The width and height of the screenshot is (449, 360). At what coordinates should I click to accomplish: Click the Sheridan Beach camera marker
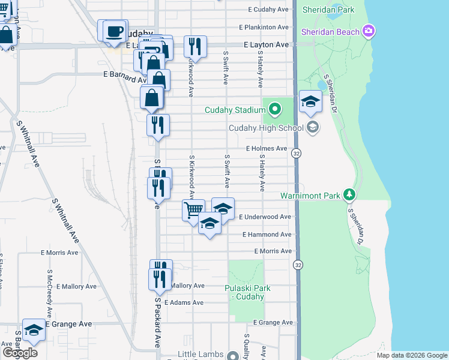[x=369, y=31]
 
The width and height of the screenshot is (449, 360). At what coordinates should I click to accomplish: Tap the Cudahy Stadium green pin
[x=275, y=109]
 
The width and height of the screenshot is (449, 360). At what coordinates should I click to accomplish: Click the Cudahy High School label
[x=266, y=128]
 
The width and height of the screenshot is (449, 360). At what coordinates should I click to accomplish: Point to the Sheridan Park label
[x=329, y=10]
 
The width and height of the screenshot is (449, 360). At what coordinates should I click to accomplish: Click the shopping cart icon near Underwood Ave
[x=193, y=210]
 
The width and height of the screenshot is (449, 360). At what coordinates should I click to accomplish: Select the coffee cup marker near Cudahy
[x=114, y=31]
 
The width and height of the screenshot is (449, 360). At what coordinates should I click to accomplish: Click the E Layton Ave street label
[x=266, y=45]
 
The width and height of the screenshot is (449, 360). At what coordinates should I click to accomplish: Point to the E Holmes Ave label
[x=266, y=148]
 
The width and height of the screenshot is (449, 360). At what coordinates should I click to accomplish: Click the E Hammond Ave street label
[x=267, y=235]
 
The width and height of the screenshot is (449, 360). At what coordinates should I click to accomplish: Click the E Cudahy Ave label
[x=268, y=10]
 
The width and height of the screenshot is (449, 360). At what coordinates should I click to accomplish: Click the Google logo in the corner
[x=20, y=353]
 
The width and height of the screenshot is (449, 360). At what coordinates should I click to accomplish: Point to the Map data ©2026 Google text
[x=412, y=355]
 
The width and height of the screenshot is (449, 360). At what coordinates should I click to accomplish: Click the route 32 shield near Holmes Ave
[x=297, y=154]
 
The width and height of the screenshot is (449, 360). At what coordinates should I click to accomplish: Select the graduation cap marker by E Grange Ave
[x=34, y=329]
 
